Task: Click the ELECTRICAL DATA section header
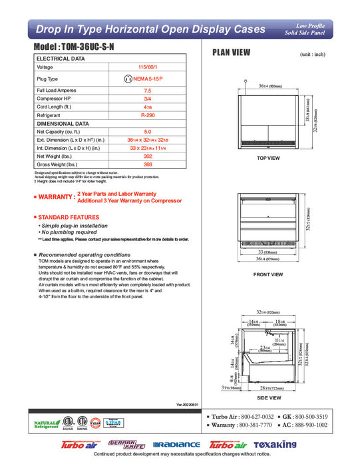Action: pos(61,59)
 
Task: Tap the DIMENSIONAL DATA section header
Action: pos(63,124)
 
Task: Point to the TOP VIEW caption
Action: pos(268,158)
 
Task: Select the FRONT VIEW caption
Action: pos(268,274)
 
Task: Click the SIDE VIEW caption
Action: pos(268,397)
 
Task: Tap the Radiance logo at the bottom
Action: pos(176,445)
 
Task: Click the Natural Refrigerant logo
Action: pos(45,425)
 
